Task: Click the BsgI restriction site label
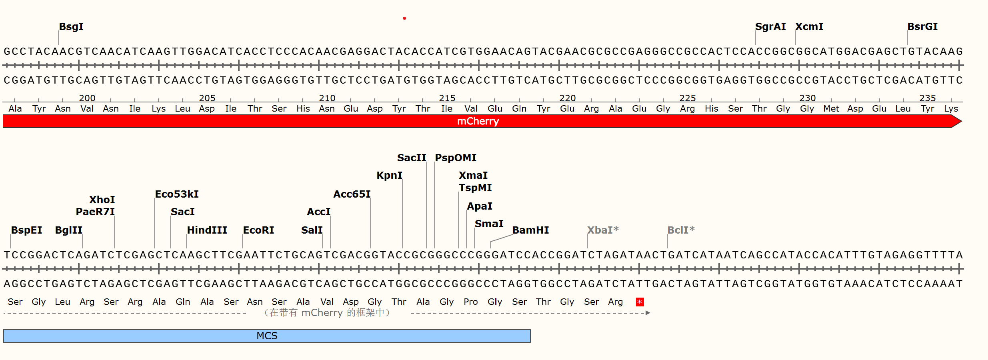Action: (71, 27)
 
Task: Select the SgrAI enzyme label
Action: (770, 27)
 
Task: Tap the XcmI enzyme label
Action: (809, 27)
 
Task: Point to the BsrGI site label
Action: (922, 27)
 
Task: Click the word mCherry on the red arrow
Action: (478, 121)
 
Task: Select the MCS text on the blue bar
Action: (267, 336)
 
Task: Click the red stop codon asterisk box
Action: (640, 302)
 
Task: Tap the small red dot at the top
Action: (404, 18)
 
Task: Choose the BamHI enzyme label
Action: (530, 230)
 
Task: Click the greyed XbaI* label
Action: (602, 230)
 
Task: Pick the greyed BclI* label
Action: (680, 230)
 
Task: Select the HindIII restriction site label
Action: (207, 230)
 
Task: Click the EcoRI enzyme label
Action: (258, 230)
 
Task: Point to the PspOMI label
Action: (456, 158)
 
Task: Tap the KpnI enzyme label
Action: (389, 176)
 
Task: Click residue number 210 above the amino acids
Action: (327, 98)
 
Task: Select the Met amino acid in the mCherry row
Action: (831, 109)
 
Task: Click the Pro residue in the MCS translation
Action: (471, 302)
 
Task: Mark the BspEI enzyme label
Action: (26, 230)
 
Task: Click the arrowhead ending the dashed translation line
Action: (648, 313)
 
